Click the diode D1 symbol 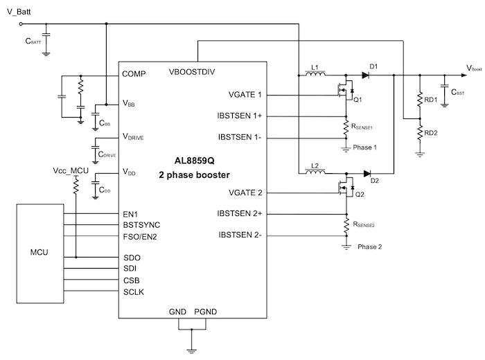[364, 75]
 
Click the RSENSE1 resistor [346, 127]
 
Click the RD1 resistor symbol [419, 100]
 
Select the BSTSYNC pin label [141, 226]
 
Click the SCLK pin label [134, 293]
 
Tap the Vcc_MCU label [70, 170]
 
